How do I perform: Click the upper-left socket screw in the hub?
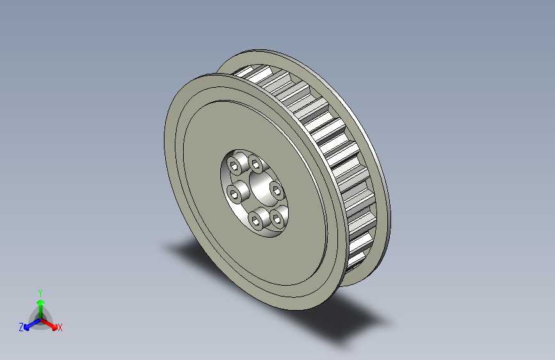235,165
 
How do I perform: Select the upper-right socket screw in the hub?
256,164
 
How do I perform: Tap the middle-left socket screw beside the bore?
234,194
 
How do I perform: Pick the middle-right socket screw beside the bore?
277,192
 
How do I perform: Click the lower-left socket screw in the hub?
255,220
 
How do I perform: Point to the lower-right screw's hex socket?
277,220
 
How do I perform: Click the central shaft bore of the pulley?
262,188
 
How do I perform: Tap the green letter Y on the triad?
40,293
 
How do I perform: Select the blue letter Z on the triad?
21,327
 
